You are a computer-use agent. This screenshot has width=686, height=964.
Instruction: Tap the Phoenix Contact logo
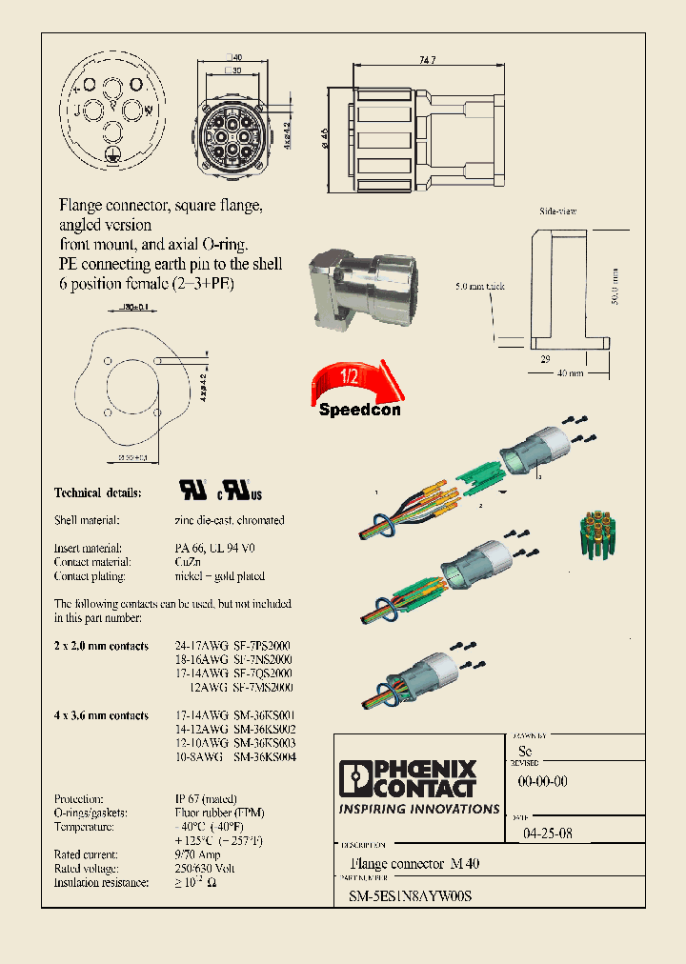[418, 778]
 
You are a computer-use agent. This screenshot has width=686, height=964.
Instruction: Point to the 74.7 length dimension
[428, 60]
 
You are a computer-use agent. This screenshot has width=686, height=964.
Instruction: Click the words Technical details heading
[97, 492]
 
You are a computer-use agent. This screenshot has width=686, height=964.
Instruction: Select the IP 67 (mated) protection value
[206, 798]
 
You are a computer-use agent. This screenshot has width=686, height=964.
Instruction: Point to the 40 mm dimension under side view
[571, 372]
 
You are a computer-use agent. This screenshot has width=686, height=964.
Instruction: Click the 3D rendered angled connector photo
[353, 291]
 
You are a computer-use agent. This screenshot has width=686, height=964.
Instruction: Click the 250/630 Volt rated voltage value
[206, 869]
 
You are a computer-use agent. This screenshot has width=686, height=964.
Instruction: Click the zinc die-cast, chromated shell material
[230, 520]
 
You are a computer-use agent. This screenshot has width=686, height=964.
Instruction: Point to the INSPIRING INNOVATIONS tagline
[419, 809]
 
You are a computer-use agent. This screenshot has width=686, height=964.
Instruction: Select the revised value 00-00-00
[542, 781]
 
